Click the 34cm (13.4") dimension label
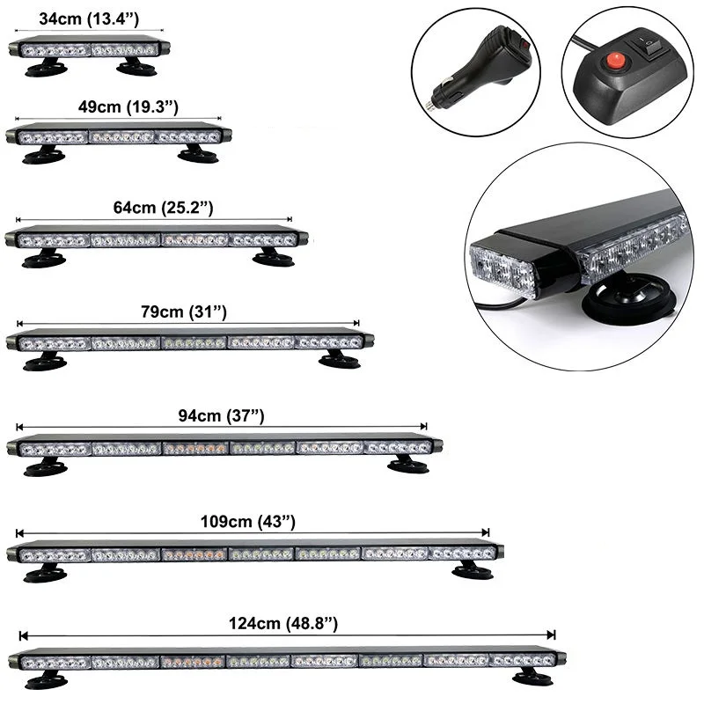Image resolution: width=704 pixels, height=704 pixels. [x=89, y=18]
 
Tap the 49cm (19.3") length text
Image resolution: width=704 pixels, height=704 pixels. [x=128, y=106]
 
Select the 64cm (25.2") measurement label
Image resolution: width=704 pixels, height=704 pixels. [x=163, y=208]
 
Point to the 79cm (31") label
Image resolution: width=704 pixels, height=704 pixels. [x=184, y=312]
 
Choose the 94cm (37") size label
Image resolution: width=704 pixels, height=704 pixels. [x=221, y=415]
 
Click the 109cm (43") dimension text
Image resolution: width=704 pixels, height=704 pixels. [x=248, y=522]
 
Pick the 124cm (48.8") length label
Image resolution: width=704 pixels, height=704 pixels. [x=283, y=624]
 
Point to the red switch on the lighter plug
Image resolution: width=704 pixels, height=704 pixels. [x=523, y=44]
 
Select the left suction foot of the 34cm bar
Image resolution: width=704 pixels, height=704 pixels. [x=47, y=69]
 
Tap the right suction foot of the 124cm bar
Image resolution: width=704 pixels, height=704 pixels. [x=533, y=677]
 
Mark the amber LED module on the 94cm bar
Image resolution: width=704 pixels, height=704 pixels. [x=195, y=448]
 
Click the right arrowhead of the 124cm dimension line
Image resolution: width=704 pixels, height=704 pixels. [x=552, y=634]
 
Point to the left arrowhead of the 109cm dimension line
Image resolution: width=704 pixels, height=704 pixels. [x=19, y=533]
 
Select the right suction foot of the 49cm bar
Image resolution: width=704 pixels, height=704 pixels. [x=199, y=154]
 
